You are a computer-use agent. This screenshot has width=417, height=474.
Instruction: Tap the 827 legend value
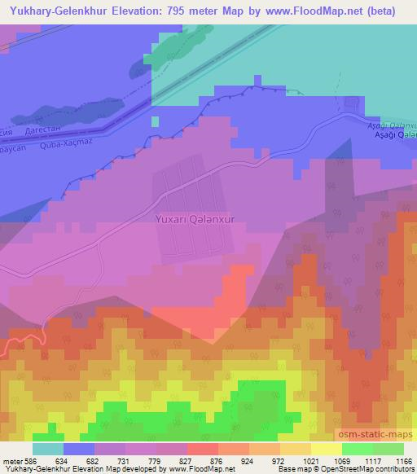click(187, 460)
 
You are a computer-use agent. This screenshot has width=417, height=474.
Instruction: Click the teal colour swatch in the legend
click(48, 449)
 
